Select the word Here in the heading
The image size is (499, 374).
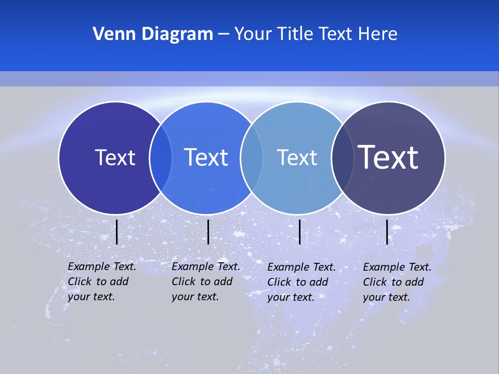pos(378,34)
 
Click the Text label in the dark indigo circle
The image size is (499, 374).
pos(115,157)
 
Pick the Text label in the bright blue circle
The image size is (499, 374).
pos(206,157)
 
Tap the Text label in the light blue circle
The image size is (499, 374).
pos(297,157)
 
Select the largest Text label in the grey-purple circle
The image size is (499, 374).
pos(388,157)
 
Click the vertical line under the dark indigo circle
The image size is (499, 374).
pos(117,232)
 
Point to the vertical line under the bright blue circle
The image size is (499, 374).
pos(208,232)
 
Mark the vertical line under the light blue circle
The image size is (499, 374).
pos(300,232)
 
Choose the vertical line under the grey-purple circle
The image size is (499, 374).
pos(387,232)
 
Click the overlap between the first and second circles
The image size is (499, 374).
pos(161,157)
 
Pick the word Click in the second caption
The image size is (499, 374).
pos(183,282)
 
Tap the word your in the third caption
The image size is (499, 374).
pos(279,297)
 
